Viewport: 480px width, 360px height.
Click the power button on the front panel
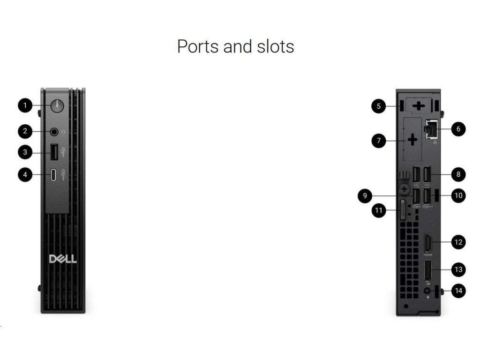(57, 105)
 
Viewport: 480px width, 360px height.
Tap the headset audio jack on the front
(55, 132)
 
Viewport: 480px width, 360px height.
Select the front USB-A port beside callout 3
(54, 152)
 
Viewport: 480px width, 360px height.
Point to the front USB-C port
(54, 175)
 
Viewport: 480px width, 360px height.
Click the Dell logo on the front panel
(63, 259)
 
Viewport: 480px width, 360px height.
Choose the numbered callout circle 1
(26, 105)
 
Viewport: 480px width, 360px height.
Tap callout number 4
(26, 175)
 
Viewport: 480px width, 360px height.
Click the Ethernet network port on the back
(430, 129)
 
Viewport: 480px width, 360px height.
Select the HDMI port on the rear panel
(428, 242)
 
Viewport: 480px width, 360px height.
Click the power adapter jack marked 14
(427, 291)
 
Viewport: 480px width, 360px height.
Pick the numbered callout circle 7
(379, 140)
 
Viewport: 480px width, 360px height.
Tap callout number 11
(379, 210)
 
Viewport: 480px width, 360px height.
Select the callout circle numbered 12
(458, 242)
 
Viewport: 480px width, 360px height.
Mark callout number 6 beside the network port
(458, 129)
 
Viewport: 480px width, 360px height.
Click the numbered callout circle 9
(365, 195)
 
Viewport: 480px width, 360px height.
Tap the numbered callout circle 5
(379, 106)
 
